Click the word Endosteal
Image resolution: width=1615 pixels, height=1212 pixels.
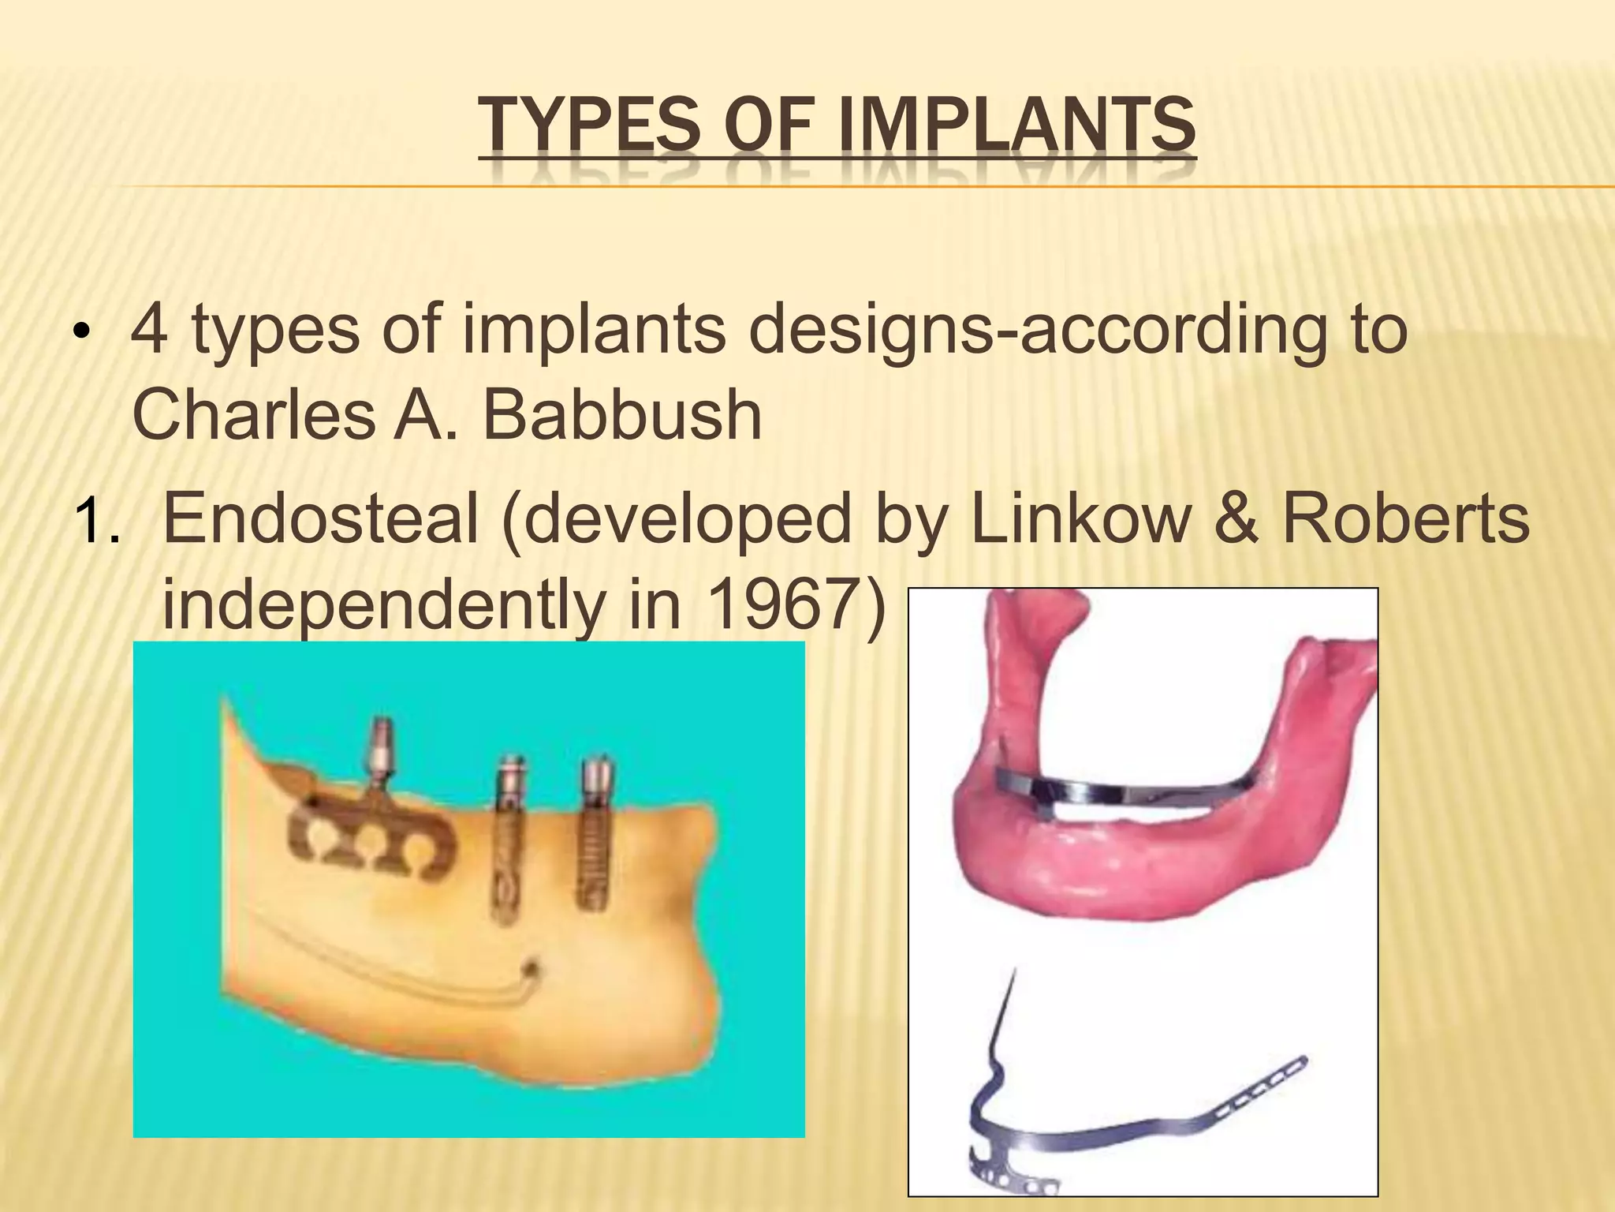(x=320, y=519)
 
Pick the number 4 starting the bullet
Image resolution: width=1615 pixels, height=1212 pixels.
(x=150, y=331)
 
